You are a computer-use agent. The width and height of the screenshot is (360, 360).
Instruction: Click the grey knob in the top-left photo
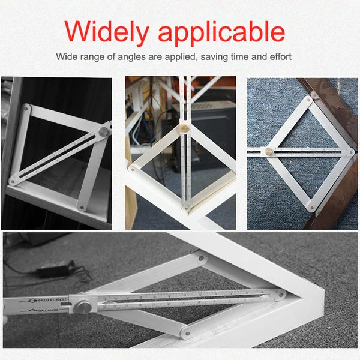104,131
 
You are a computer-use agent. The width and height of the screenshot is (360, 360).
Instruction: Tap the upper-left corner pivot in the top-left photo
26,108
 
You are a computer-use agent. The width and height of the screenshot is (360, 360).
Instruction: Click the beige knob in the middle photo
185,128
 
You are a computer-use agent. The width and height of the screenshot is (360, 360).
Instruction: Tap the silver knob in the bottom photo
85,307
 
